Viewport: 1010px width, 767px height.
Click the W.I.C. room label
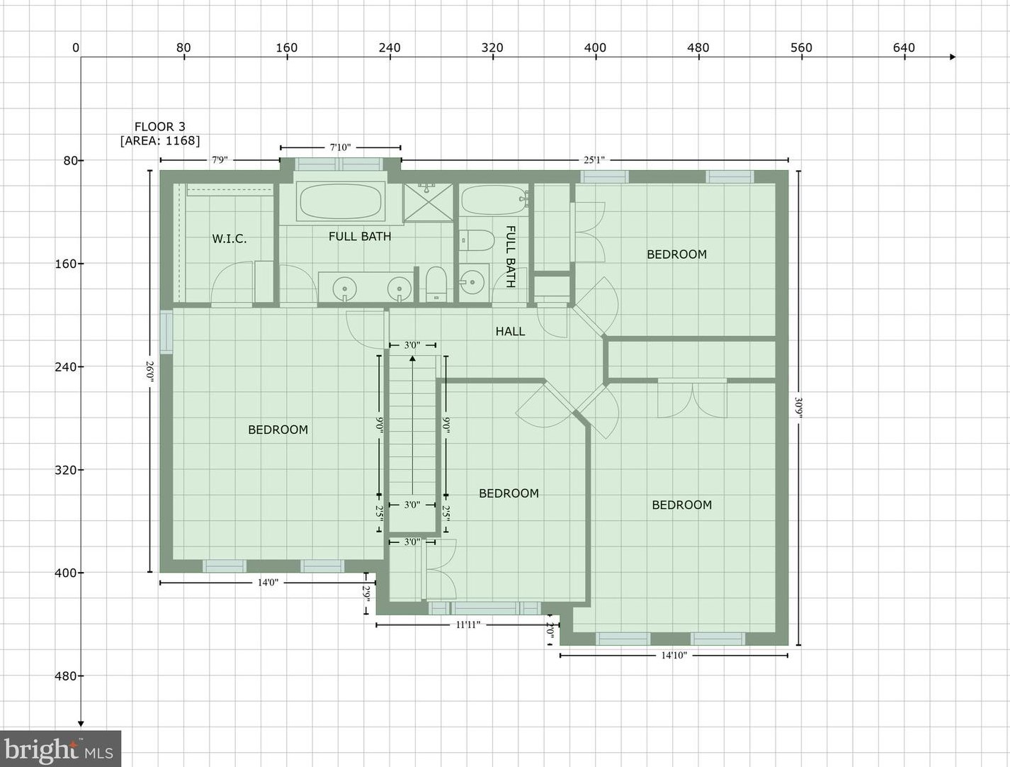[229, 239]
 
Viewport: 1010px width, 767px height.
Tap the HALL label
[510, 331]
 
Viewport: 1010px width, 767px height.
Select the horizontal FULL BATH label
[360, 236]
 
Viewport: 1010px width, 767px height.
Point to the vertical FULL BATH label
[510, 256]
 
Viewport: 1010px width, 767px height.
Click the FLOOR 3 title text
[160, 127]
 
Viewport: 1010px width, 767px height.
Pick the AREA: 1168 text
[160, 140]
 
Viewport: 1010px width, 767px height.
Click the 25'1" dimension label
[594, 159]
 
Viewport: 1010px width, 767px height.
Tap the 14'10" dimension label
[674, 655]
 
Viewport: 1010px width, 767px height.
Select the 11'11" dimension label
[468, 625]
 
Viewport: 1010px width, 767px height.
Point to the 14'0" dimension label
[268, 583]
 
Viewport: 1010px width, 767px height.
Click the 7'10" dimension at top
[340, 147]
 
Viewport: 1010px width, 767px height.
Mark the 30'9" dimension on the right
[798, 408]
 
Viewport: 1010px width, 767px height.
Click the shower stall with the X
[428, 202]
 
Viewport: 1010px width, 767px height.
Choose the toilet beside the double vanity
[436, 284]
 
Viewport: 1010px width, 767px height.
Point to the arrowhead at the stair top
[412, 359]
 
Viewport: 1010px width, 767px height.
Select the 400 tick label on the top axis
[595, 47]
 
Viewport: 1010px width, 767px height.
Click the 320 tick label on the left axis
[65, 470]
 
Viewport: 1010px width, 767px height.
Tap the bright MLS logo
[60, 749]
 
